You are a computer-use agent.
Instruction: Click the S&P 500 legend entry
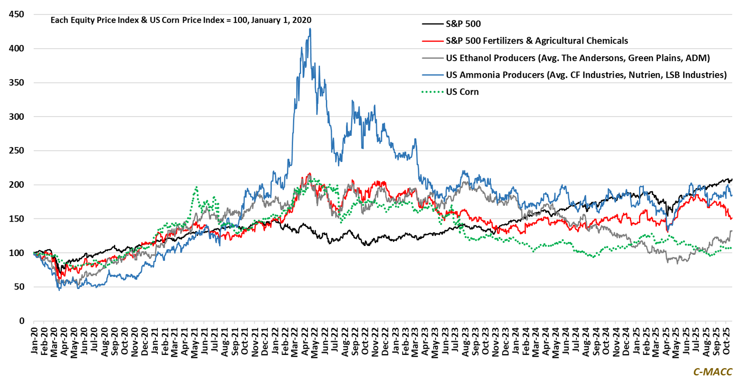click(463, 24)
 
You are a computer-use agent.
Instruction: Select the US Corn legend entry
click(462, 92)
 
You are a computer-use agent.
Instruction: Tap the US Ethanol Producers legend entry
click(578, 58)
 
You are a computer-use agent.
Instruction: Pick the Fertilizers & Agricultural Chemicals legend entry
click(537, 41)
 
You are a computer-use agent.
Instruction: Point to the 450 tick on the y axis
click(17, 15)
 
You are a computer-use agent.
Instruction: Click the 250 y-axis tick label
click(17, 151)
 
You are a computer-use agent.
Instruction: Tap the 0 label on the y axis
click(21, 321)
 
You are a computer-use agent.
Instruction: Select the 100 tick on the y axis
click(17, 253)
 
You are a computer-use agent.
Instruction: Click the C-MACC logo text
click(713, 372)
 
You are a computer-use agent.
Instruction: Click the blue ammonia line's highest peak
click(310, 29)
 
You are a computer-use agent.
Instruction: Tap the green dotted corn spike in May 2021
click(197, 187)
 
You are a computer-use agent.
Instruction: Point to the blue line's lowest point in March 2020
click(59, 290)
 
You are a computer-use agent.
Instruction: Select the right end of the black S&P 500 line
click(731, 179)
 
